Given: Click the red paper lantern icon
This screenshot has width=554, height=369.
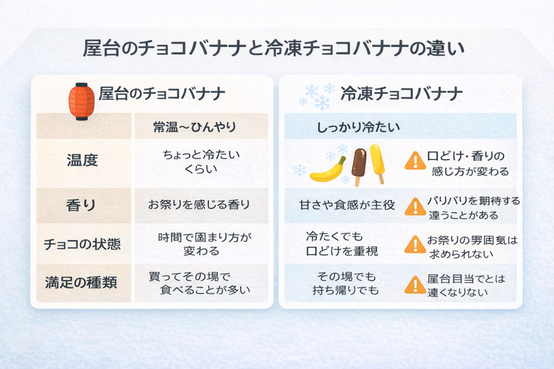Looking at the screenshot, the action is (82, 102).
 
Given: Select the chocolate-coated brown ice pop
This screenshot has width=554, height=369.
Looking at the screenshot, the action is (359, 166).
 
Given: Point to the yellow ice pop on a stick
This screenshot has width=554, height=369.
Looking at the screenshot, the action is (377, 163).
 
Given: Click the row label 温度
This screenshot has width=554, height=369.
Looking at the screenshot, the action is (82, 160).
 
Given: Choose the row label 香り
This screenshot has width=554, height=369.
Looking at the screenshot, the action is (81, 205).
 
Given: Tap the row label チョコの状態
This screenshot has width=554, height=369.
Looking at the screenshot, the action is (82, 244).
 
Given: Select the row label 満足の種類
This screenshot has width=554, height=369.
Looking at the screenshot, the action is (81, 283).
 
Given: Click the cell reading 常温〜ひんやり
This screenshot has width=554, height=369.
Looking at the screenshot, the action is (194, 126).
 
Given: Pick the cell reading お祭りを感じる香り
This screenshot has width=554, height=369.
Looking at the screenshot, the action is (199, 205).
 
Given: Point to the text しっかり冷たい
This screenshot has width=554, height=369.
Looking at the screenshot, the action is (358, 127).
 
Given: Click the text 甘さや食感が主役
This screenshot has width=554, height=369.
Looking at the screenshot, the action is (347, 205).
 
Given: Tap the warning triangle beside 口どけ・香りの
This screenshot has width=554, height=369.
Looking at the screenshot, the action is (415, 161).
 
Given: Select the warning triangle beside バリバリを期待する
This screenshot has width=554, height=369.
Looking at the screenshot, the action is (415, 207).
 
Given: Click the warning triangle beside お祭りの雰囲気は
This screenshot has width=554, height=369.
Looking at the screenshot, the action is (415, 245).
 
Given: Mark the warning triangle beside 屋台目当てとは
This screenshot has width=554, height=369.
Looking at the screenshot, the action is (415, 285).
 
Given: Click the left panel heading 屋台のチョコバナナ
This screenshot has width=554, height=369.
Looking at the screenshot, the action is (162, 93).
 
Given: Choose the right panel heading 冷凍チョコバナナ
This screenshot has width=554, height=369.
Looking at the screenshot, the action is (401, 93).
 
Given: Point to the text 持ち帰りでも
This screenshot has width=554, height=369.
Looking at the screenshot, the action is (346, 290).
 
